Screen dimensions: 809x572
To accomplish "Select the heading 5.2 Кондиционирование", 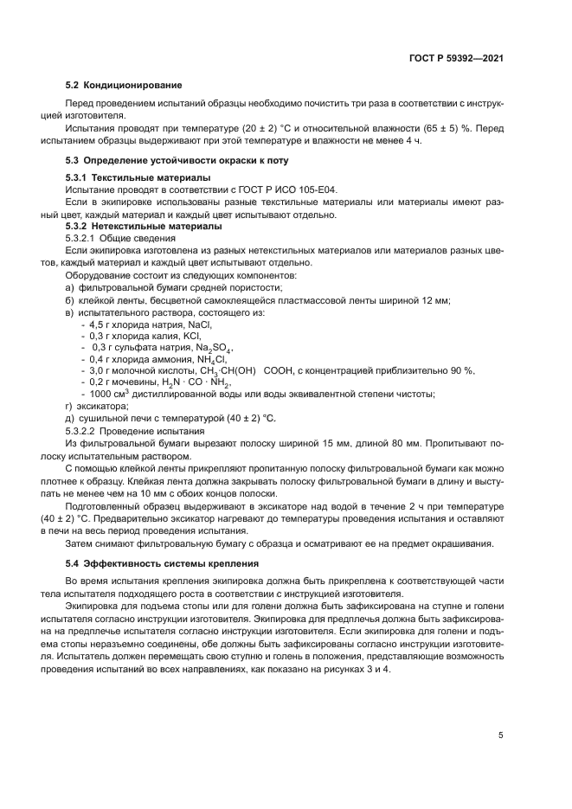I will [124, 85].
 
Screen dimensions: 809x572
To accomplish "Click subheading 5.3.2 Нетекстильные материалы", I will [138, 226].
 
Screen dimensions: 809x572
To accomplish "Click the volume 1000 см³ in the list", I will [110, 394].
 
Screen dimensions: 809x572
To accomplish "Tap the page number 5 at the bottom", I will [501, 735].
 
